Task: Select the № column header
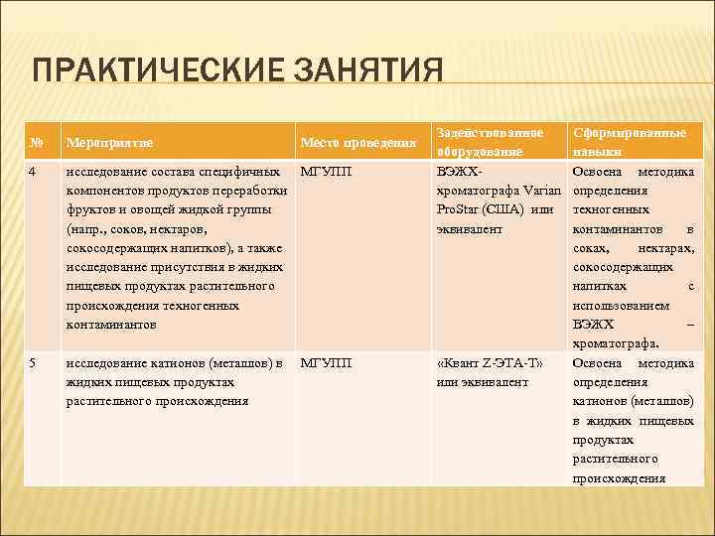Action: coord(36,143)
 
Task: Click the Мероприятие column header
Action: coord(110,143)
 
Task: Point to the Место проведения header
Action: coord(357,143)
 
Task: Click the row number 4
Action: coord(34,172)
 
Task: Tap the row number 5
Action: coord(34,363)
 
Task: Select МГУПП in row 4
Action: coord(326,172)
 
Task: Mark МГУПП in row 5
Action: coord(326,363)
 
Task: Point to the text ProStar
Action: coord(459,209)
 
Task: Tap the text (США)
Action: coord(507,209)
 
